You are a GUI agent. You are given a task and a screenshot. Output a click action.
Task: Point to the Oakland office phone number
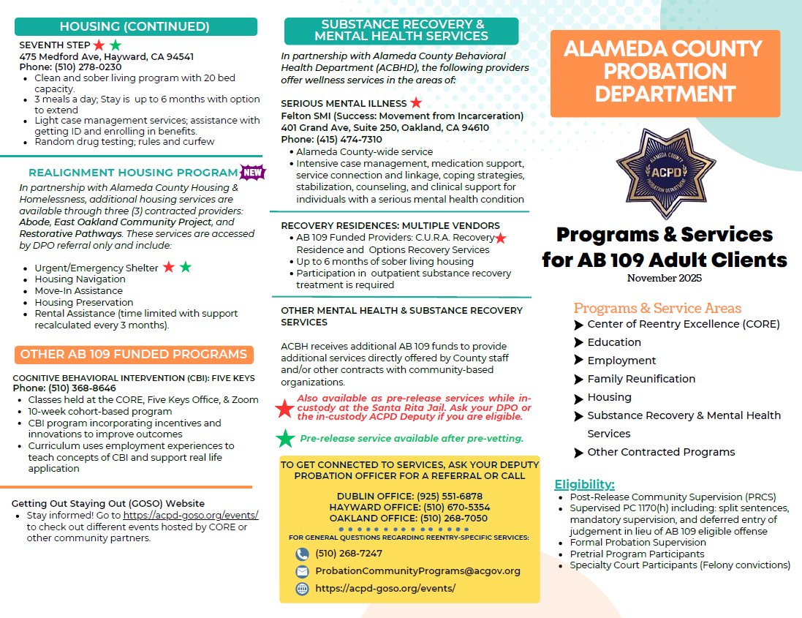coord(453,519)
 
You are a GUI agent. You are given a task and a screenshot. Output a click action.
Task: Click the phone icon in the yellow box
coord(302,554)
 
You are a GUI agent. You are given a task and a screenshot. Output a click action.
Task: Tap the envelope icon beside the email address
coord(302,571)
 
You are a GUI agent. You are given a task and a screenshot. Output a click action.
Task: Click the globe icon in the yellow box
coord(302,589)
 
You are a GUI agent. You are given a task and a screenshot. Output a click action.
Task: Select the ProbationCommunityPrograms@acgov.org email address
coord(417,571)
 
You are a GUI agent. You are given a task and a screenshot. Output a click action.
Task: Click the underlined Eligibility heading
coord(584,484)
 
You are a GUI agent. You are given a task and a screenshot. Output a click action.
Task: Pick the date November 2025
coord(664,278)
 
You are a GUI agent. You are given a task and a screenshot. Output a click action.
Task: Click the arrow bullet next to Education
coord(579,342)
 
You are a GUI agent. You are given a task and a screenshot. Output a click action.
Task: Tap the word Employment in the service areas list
coord(621,361)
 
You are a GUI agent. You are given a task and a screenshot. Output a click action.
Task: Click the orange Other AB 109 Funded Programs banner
coord(134,355)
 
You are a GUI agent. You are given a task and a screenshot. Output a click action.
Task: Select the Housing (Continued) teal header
coord(136,27)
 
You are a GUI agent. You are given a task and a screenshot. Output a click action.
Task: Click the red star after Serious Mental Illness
coord(415,103)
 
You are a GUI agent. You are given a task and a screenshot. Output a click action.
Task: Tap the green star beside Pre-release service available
coord(285,439)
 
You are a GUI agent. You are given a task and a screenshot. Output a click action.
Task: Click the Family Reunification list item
coord(641,379)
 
